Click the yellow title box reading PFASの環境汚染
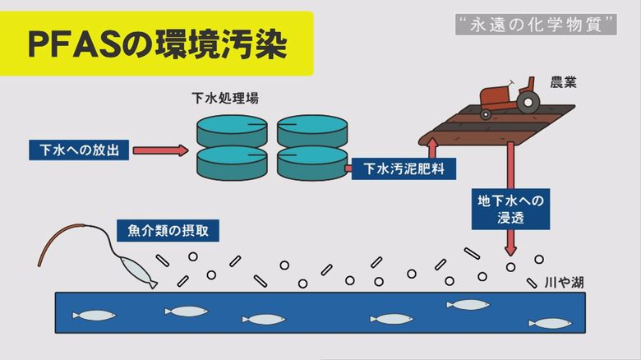[157, 44]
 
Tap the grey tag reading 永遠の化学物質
[536, 25]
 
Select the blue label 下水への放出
[79, 150]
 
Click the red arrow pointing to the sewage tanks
[160, 150]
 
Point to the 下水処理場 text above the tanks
[225, 98]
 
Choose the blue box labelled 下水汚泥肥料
[404, 168]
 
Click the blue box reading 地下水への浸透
[510, 209]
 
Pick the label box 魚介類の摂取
[168, 231]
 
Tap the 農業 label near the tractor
[563, 83]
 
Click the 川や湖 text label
[564, 282]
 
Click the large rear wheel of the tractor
[528, 102]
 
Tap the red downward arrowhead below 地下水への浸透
[510, 249]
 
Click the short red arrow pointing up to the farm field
[432, 148]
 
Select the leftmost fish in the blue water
[95, 316]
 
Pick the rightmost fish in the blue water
[551, 324]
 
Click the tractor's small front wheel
[486, 114]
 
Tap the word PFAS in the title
[75, 44]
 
